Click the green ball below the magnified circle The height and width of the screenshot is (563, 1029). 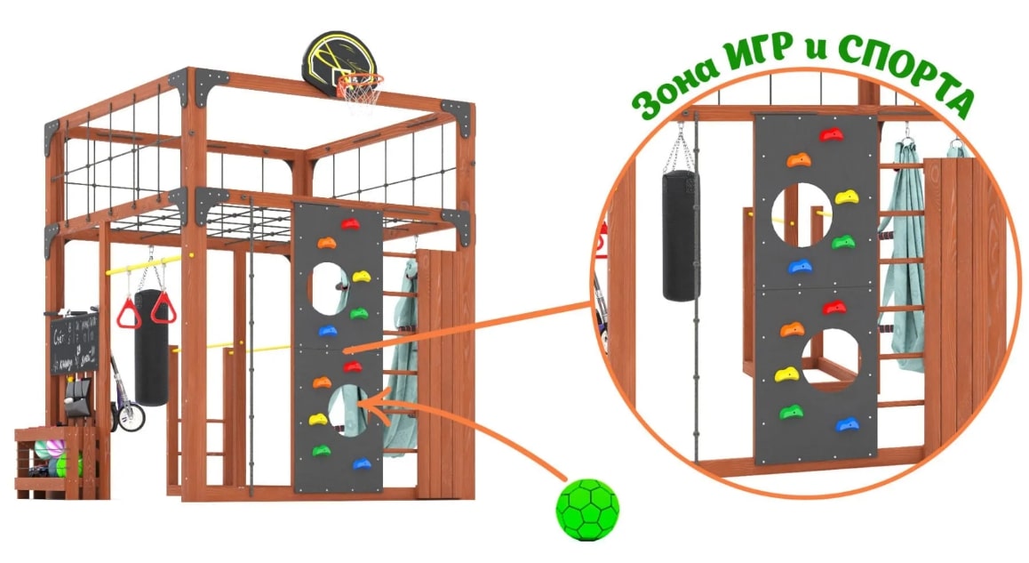[587, 510]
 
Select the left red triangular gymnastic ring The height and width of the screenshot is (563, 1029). [131, 311]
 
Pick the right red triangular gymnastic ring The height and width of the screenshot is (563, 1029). [164, 308]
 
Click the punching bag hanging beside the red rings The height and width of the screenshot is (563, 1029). [152, 347]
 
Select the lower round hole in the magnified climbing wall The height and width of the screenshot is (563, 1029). [831, 361]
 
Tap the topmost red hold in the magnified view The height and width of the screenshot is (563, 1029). [832, 135]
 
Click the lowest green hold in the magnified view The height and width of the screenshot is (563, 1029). [790, 412]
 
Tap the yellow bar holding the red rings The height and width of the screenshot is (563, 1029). [142, 263]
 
